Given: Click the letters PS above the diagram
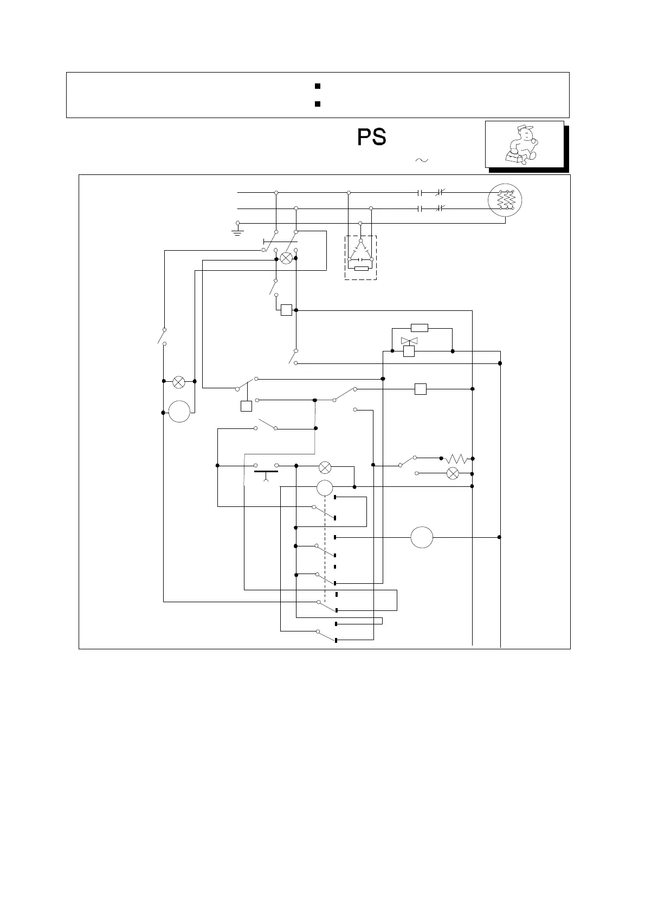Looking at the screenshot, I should [x=371, y=138].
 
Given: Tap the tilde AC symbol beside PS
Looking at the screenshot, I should [x=421, y=160].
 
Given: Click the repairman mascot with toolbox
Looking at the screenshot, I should [x=520, y=144].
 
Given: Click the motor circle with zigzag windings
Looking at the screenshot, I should [x=505, y=200].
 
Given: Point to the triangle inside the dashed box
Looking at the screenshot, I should [x=360, y=251].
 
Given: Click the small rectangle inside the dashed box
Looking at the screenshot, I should [x=361, y=269].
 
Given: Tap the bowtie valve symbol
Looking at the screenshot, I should [x=409, y=341].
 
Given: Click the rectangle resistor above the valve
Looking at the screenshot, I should [x=420, y=328].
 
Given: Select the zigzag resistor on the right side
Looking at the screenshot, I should [x=456, y=459].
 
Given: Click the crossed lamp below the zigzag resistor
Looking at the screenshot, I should [x=452, y=473].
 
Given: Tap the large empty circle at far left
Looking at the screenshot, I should [x=179, y=412].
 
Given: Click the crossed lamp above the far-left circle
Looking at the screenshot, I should [x=179, y=381].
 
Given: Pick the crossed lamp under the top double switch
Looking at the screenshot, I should [x=286, y=259].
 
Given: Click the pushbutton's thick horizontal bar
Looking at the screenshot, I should [x=266, y=472].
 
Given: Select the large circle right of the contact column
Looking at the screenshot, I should [x=422, y=537].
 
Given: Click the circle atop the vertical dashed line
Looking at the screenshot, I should [x=325, y=487].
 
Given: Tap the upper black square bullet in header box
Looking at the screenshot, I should [x=318, y=86].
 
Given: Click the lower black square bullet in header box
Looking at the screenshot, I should [x=318, y=103].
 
